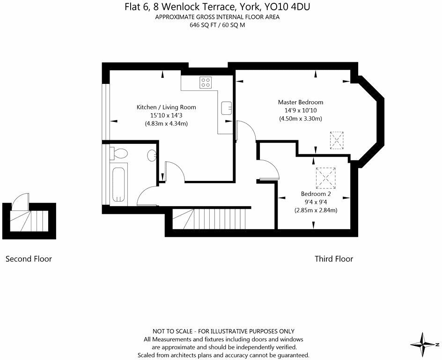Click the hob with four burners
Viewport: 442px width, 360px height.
tap(206, 82)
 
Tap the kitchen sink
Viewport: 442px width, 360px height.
tap(227, 108)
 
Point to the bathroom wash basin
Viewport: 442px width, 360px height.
tap(151, 155)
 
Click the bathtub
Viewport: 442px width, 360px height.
tap(118, 185)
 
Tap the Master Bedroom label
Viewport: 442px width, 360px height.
tap(301, 102)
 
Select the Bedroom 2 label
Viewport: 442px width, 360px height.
tap(316, 194)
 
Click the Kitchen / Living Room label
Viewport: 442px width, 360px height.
tap(166, 107)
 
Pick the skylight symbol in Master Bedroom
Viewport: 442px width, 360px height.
tap(337, 140)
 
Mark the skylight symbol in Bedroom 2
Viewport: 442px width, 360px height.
tap(325, 178)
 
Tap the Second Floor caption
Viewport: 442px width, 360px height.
tap(29, 259)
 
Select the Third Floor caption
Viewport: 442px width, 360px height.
tap(334, 259)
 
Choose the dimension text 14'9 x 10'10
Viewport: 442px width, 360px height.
tap(301, 110)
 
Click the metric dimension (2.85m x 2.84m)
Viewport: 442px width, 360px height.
tap(316, 210)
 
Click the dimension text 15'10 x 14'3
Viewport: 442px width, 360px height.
tap(166, 115)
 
